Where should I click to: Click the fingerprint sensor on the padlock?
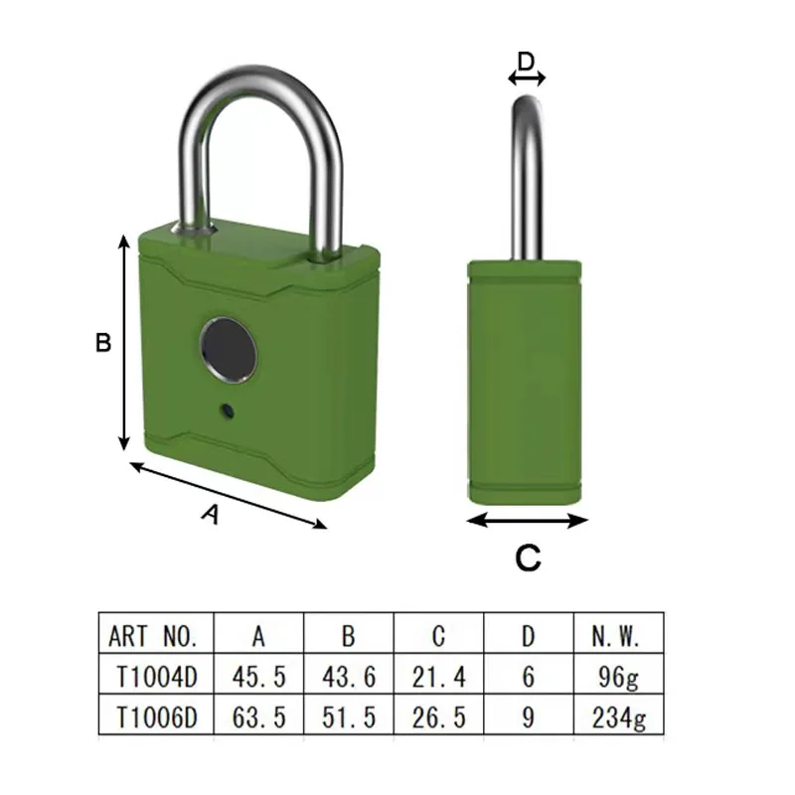click(228, 348)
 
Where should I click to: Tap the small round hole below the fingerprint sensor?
click(228, 409)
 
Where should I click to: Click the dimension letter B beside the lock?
click(102, 343)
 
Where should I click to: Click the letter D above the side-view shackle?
click(527, 62)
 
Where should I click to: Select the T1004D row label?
click(157, 677)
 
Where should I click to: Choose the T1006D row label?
click(157, 717)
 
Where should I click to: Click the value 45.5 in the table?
click(258, 677)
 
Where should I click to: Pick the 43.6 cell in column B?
click(349, 677)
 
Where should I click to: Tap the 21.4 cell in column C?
click(438, 677)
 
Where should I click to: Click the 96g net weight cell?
click(618, 677)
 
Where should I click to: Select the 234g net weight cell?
click(618, 717)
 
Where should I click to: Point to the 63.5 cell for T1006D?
click(258, 717)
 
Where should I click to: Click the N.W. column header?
click(618, 636)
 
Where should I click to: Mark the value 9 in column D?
click(528, 717)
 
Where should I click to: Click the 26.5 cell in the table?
click(438, 717)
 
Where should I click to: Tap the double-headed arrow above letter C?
click(528, 520)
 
